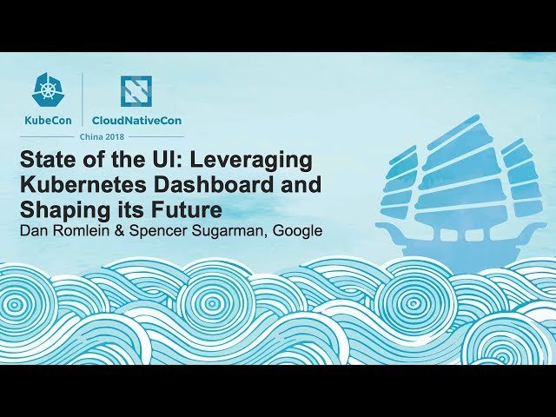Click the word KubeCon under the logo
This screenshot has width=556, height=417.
click(x=47, y=121)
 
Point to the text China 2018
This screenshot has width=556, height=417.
click(x=102, y=137)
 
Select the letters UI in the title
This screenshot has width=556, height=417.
click(x=162, y=162)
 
